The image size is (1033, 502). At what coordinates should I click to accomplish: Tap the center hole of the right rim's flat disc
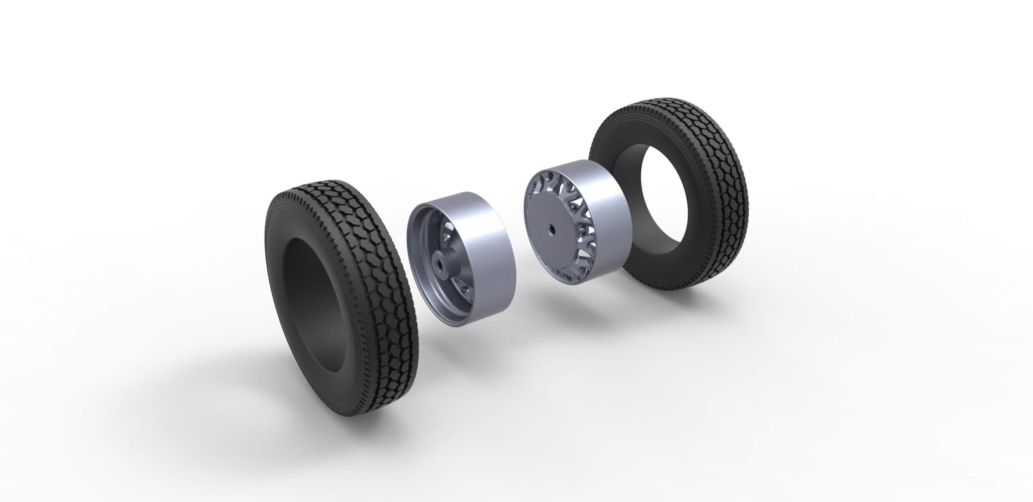(x=552, y=228)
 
